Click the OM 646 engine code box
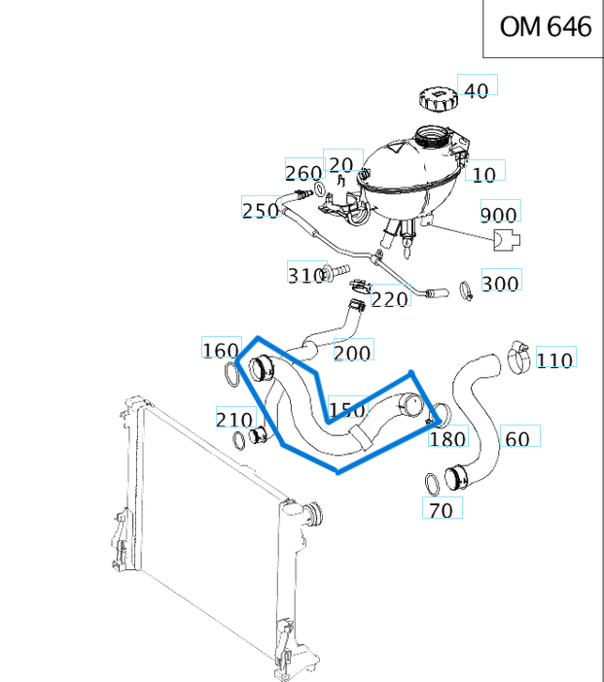[x=544, y=28]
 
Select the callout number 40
[x=477, y=90]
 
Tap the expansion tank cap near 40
[x=437, y=98]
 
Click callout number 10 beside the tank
[x=483, y=174]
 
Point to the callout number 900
[x=499, y=215]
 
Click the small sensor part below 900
[x=505, y=239]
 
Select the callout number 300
[x=500, y=283]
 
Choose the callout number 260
[x=302, y=173]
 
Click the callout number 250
[x=260, y=210]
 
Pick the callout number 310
[x=305, y=275]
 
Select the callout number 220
[x=390, y=299]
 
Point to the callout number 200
[x=351, y=353]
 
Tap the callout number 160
[x=220, y=350]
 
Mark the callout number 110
[x=554, y=360]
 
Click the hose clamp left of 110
[x=519, y=357]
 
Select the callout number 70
[x=440, y=509]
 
